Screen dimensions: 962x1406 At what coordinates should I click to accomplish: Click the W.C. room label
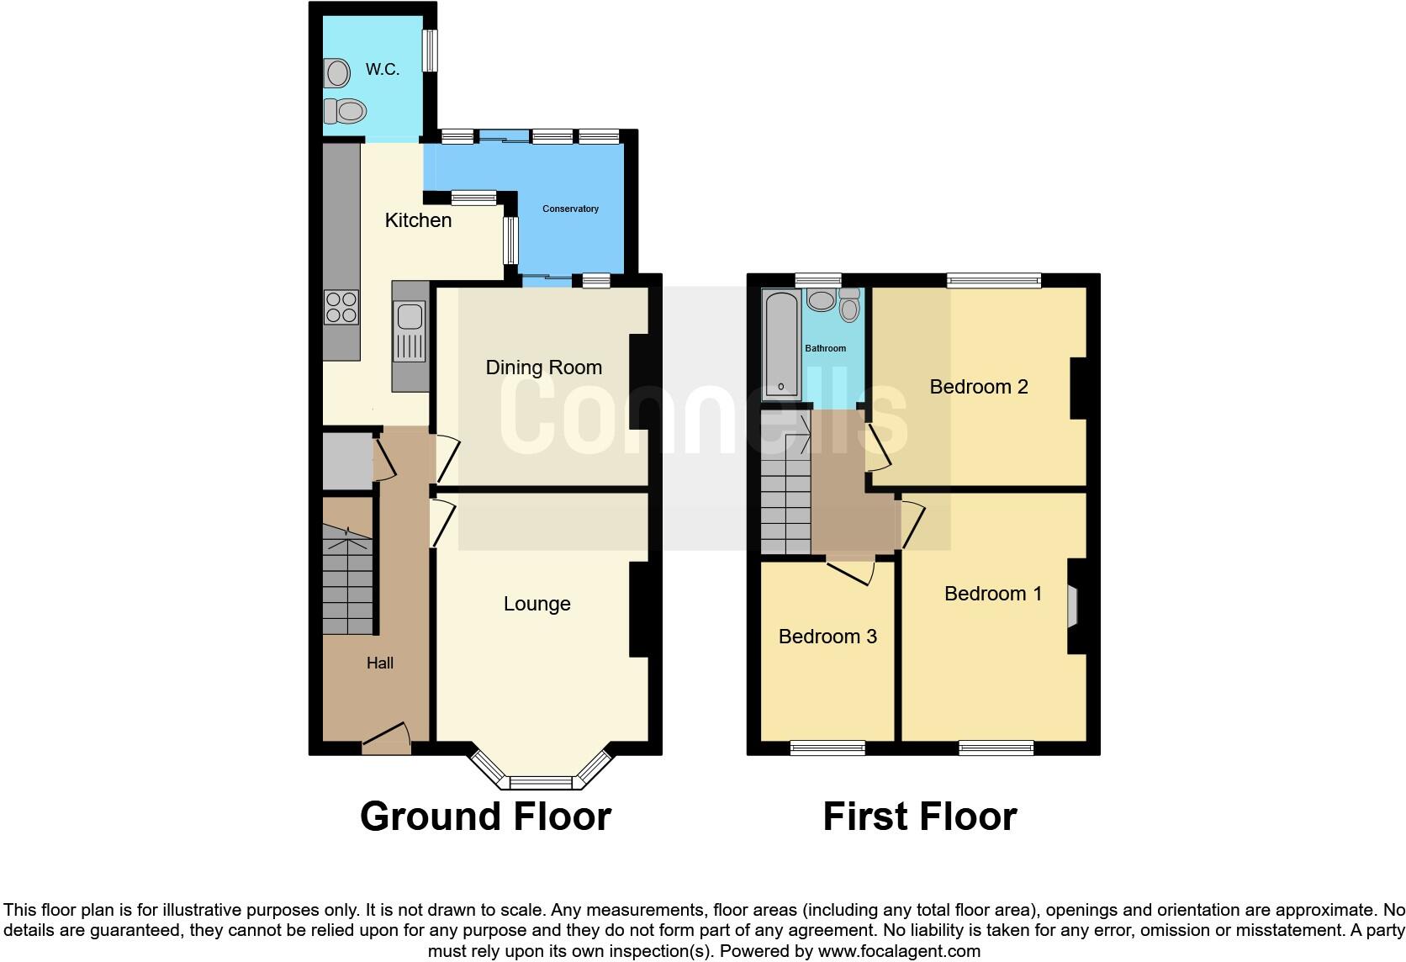tap(382, 70)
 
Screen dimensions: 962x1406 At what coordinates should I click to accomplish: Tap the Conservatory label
tap(570, 209)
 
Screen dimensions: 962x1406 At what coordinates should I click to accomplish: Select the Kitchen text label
tap(418, 220)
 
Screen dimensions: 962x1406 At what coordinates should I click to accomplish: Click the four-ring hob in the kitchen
tap(341, 307)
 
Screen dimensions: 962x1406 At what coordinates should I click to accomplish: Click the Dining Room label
tap(543, 367)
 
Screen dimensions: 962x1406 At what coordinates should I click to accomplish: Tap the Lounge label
tap(536, 604)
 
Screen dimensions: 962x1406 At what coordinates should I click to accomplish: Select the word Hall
tap(379, 663)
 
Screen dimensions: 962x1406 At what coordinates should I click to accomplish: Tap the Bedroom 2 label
tap(978, 387)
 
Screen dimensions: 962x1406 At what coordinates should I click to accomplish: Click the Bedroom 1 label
tap(992, 594)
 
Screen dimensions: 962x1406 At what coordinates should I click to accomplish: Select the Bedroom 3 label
tap(827, 637)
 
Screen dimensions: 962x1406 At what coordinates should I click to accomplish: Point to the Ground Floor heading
tap(485, 817)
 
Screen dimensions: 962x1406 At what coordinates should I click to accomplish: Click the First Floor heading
tap(919, 817)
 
